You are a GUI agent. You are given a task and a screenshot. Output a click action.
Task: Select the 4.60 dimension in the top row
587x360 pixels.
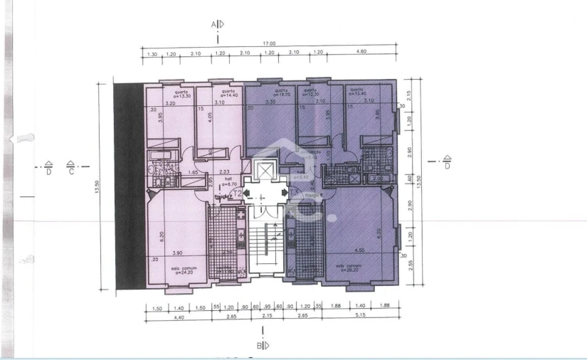point(361,53)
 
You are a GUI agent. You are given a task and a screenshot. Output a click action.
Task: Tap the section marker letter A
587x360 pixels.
point(213,24)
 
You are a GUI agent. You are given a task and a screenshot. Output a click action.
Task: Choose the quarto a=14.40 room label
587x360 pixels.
point(228,95)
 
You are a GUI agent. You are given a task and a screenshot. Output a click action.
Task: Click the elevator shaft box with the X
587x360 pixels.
point(264,171)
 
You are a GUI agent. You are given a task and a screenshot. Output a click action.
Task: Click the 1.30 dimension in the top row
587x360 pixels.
point(152,53)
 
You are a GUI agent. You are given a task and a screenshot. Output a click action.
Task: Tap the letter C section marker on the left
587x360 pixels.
point(70,171)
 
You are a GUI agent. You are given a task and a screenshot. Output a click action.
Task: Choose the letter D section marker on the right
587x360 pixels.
point(447,166)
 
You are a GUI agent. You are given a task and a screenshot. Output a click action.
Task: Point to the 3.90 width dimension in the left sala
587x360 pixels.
point(179,253)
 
